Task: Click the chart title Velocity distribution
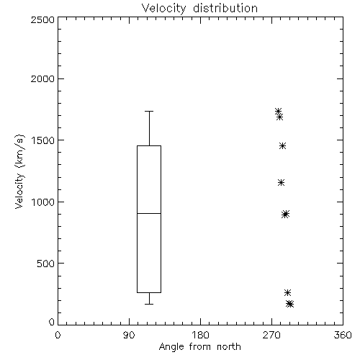click(199, 9)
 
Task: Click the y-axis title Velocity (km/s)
click(19, 171)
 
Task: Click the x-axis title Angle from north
click(199, 347)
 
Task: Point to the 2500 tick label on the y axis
click(42, 20)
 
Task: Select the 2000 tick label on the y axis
click(42, 79)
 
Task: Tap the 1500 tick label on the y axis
click(43, 140)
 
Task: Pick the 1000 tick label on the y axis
click(43, 202)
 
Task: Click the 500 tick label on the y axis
click(46, 264)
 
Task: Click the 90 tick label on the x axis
click(129, 335)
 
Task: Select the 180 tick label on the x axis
click(200, 335)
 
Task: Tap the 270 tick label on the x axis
click(271, 335)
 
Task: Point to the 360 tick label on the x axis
click(343, 335)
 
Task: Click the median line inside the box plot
click(149, 213)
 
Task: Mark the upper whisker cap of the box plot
click(149, 111)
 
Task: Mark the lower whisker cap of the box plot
click(149, 304)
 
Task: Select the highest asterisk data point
click(278, 111)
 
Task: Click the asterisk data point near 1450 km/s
click(282, 145)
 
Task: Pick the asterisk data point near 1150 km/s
click(281, 183)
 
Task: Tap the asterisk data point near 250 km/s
click(287, 292)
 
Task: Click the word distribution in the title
click(225, 9)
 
